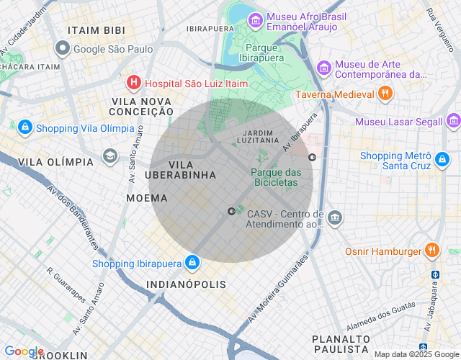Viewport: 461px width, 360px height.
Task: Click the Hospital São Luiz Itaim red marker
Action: coord(133,84)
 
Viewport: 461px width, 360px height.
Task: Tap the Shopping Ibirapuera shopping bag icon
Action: coord(192,263)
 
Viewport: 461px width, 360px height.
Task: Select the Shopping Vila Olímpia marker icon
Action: coord(25,127)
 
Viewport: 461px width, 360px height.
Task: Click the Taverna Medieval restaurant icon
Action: coord(385,94)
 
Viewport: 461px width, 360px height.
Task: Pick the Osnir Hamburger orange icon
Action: coord(432,251)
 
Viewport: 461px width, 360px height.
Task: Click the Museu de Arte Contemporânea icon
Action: coord(324,68)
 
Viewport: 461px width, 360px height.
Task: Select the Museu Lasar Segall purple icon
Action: coord(453,120)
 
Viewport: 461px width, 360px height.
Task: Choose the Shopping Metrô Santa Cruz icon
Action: coord(442,160)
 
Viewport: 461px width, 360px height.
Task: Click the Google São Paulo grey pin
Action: coord(63,49)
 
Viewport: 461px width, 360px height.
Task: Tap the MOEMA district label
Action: coord(146,198)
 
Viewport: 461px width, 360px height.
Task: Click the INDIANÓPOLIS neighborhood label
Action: coord(186,285)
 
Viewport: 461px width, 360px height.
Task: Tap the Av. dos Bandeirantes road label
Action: coord(72,217)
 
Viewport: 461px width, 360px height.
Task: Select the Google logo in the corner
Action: coord(24,351)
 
